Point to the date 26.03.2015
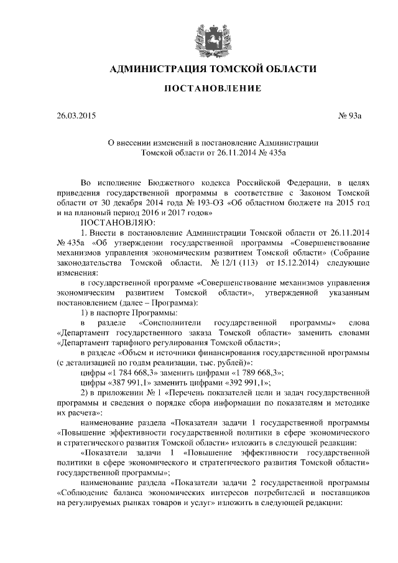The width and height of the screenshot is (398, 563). coord(76,115)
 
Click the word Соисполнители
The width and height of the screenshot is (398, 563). coord(172,323)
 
